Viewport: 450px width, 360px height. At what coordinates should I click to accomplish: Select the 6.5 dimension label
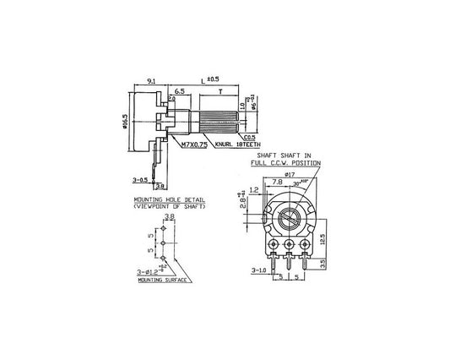click(x=180, y=89)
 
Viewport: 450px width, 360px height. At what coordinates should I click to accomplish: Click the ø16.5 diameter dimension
click(x=125, y=123)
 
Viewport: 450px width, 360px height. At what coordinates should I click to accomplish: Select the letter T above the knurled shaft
click(x=220, y=89)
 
